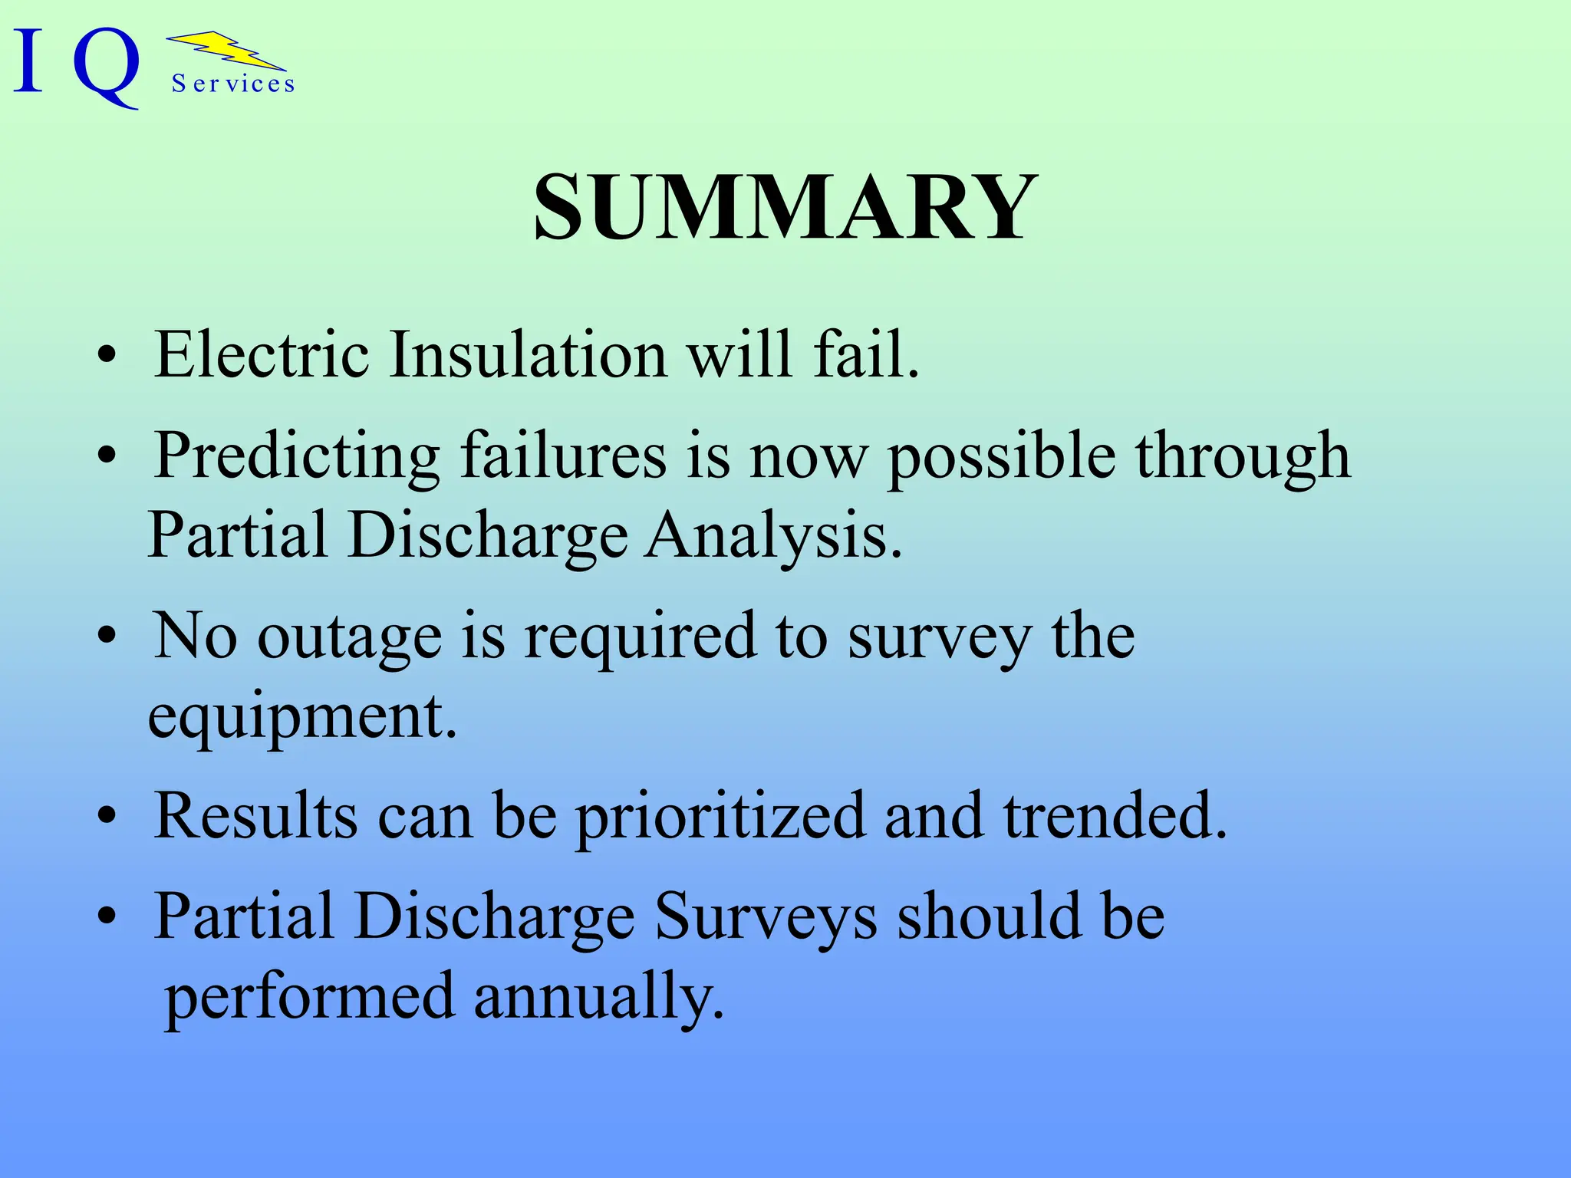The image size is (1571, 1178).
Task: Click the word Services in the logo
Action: [x=233, y=84]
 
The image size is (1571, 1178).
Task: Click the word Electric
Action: [x=261, y=354]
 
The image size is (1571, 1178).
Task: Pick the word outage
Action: [x=349, y=637]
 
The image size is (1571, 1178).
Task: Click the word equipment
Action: [x=301, y=717]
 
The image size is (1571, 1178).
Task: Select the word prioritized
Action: [x=720, y=817]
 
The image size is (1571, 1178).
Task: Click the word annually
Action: [x=598, y=996]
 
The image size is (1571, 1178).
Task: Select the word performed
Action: [x=310, y=998]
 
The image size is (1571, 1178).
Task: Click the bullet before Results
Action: [x=107, y=817]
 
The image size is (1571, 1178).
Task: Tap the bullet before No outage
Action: [x=107, y=637]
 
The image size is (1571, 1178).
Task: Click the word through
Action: [x=1242, y=457]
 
